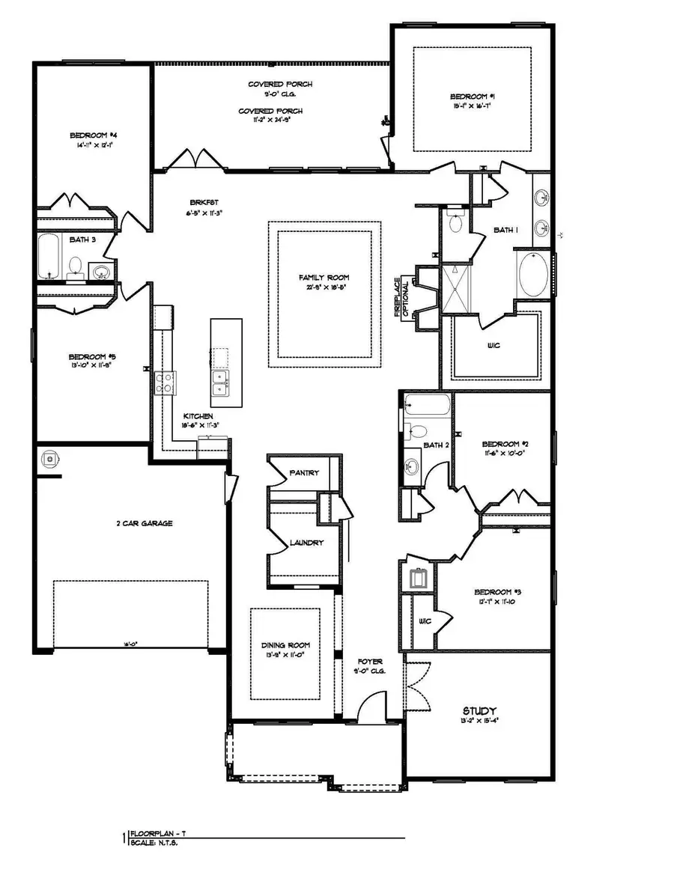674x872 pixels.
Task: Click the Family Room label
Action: click(x=323, y=278)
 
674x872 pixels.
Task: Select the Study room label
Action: click(x=479, y=711)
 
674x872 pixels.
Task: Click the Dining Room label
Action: click(x=285, y=644)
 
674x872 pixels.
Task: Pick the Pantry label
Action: click(x=304, y=473)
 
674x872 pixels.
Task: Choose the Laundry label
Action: click(x=306, y=543)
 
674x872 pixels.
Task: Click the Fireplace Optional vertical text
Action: click(x=403, y=298)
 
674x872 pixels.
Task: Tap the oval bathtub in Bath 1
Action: click(x=532, y=274)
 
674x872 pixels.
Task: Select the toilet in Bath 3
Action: click(x=76, y=266)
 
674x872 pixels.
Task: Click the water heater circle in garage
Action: click(x=51, y=457)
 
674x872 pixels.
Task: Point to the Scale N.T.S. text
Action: click(x=154, y=843)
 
